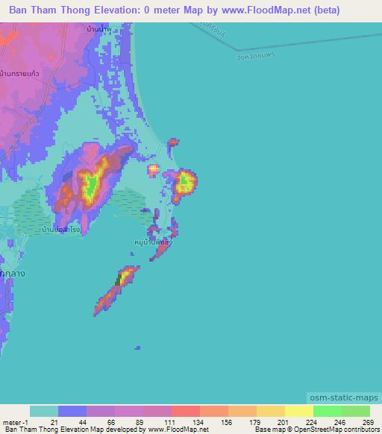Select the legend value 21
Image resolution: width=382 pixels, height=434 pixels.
click(72, 421)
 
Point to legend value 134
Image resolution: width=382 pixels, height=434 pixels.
click(187, 421)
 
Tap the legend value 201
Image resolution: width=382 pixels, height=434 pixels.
click(273, 421)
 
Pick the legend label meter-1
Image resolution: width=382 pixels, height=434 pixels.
click(16, 421)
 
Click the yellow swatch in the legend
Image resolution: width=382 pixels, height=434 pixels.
click(298, 411)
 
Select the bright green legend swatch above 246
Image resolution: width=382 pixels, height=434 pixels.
click(327, 411)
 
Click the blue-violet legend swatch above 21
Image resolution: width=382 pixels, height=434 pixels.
click(72, 411)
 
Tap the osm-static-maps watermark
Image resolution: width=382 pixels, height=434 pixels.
click(342, 399)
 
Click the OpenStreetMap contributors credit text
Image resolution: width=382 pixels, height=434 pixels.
click(333, 430)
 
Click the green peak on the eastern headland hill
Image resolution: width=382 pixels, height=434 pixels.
click(183, 179)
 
